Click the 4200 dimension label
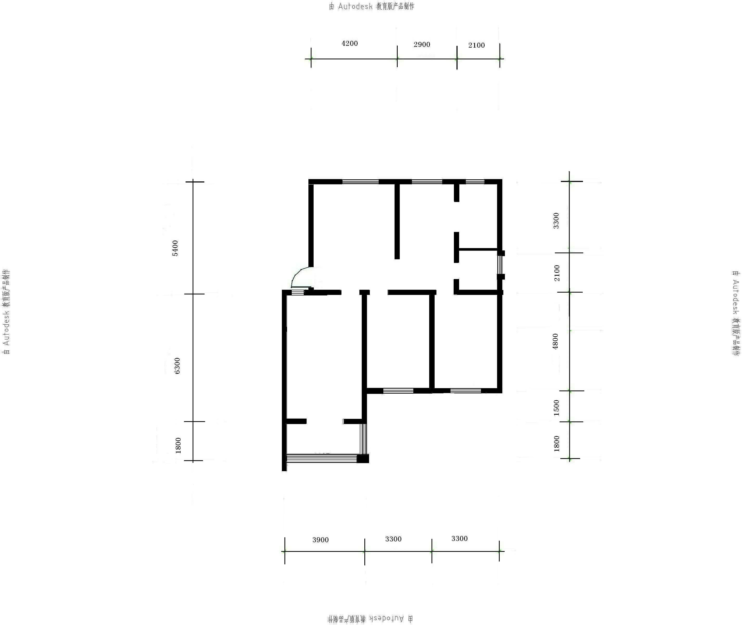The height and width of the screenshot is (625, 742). (x=350, y=43)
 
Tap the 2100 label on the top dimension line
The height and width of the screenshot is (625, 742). (x=476, y=45)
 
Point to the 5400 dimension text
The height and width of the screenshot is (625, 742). (x=175, y=248)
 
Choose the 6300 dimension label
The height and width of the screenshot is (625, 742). (x=177, y=366)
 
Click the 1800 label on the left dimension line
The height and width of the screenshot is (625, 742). (x=178, y=445)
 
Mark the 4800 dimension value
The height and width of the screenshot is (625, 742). (x=555, y=341)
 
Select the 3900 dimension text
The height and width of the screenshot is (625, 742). (x=321, y=540)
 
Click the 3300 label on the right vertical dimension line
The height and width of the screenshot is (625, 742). (x=556, y=220)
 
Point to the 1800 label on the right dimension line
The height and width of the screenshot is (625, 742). (x=556, y=444)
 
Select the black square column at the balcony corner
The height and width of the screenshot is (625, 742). (x=363, y=458)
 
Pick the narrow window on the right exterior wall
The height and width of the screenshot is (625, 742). (x=500, y=265)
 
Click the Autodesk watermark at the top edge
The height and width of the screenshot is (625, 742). (x=372, y=6)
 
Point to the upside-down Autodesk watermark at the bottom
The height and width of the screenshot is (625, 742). (x=370, y=618)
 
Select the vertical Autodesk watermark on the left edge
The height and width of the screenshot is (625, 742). (x=6, y=312)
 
